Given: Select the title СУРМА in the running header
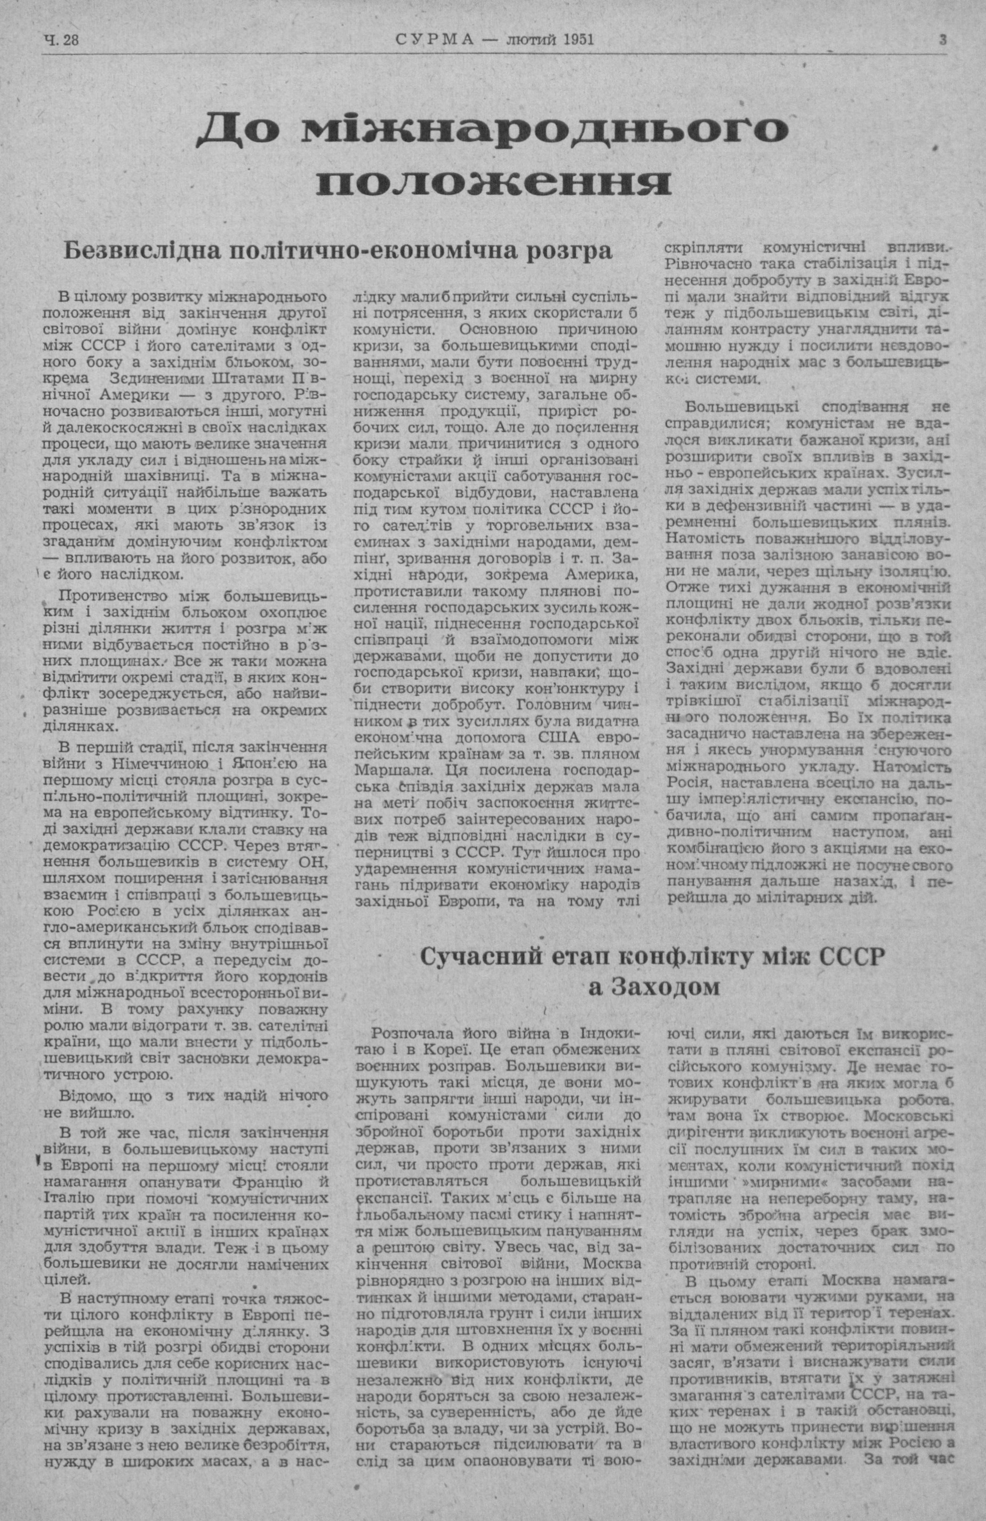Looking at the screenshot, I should [435, 40].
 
